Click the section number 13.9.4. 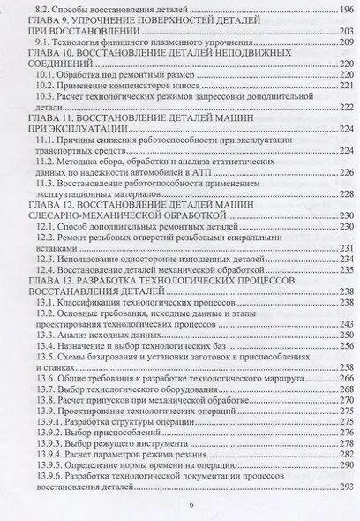pos(48,464)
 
